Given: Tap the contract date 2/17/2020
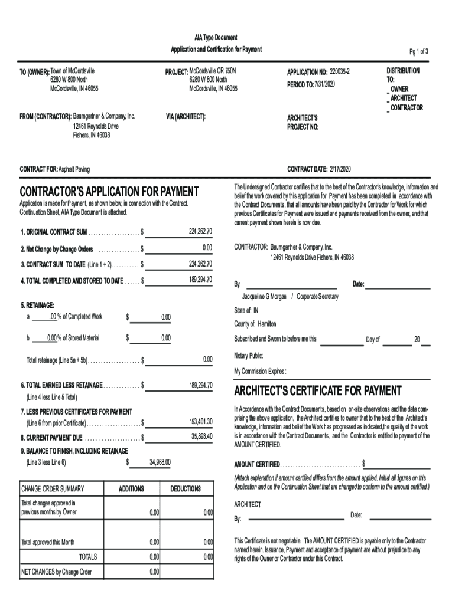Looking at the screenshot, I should click(x=340, y=169).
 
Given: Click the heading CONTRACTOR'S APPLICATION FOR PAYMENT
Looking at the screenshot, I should click(x=109, y=192).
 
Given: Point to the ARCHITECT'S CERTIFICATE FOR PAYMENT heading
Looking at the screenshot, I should click(x=318, y=391).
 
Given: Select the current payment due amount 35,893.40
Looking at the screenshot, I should click(x=201, y=436).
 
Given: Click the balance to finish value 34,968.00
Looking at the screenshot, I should click(x=160, y=462).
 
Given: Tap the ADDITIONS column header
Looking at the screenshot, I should click(x=131, y=489).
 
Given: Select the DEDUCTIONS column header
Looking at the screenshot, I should click(x=186, y=489).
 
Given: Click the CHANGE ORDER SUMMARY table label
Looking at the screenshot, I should click(x=53, y=489).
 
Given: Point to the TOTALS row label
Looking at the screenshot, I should click(x=88, y=556).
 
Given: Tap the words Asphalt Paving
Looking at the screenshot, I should click(x=74, y=169).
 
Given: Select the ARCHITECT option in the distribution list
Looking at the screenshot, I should click(x=403, y=99).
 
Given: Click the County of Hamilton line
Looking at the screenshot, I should click(x=255, y=324).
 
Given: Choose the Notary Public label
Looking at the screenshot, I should click(x=249, y=356).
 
